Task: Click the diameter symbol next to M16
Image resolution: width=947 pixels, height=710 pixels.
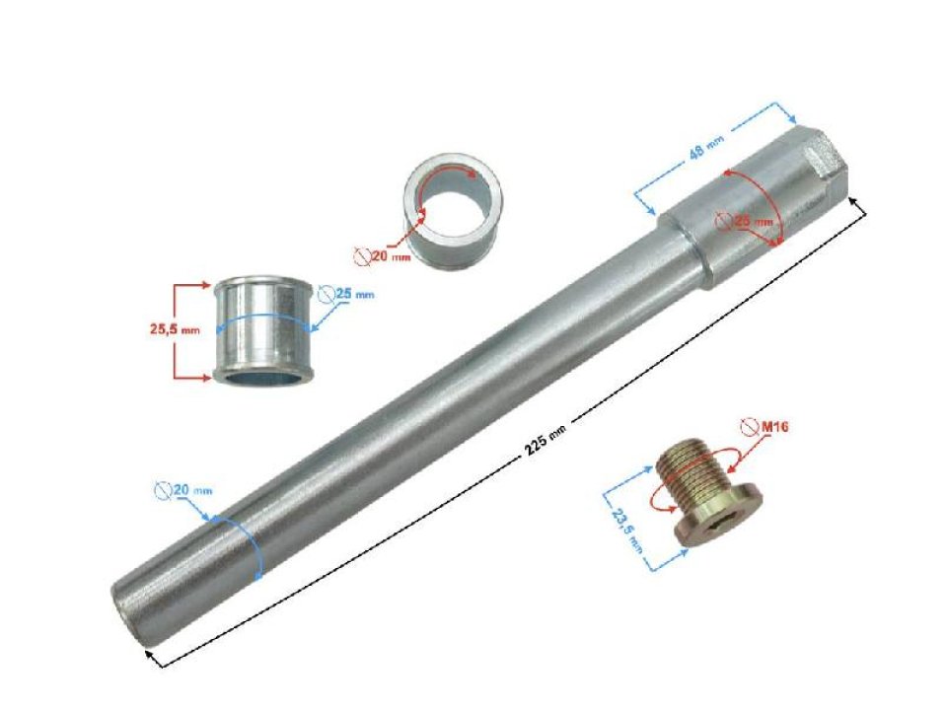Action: [x=749, y=426]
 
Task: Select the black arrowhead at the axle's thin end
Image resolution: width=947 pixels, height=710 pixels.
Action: [x=149, y=653]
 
